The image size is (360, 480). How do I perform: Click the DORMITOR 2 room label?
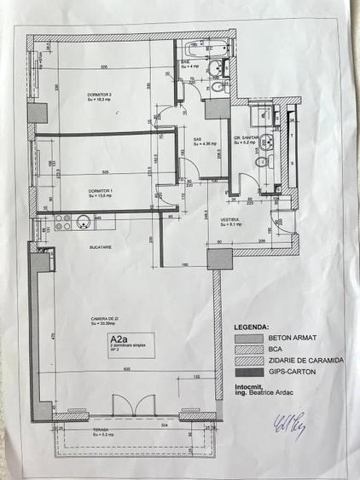(x=100, y=95)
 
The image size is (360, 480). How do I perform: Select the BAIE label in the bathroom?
(x=185, y=62)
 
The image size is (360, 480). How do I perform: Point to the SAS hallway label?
(x=197, y=141)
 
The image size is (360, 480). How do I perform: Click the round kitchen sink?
(x=84, y=223)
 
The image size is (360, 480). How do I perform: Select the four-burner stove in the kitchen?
(x=62, y=223)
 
